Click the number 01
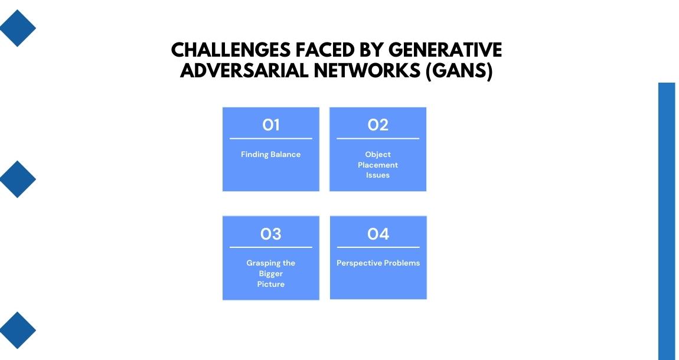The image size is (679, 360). pyautogui.click(x=270, y=125)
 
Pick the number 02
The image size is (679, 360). pyautogui.click(x=378, y=125)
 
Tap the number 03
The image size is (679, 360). pyautogui.click(x=270, y=234)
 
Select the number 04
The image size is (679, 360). pyautogui.click(x=378, y=234)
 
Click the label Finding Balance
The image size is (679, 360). pyautogui.click(x=270, y=155)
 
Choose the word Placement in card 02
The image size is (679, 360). pyautogui.click(x=378, y=165)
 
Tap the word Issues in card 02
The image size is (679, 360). pyautogui.click(x=378, y=175)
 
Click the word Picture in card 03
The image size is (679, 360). pyautogui.click(x=270, y=284)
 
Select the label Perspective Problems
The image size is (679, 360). pyautogui.click(x=378, y=263)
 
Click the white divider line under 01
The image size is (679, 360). pyautogui.click(x=270, y=139)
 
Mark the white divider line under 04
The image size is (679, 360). pyautogui.click(x=378, y=247)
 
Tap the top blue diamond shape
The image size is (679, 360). pyautogui.click(x=17, y=28)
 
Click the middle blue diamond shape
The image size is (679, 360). pyautogui.click(x=17, y=179)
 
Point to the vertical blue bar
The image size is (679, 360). pyautogui.click(x=667, y=221)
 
